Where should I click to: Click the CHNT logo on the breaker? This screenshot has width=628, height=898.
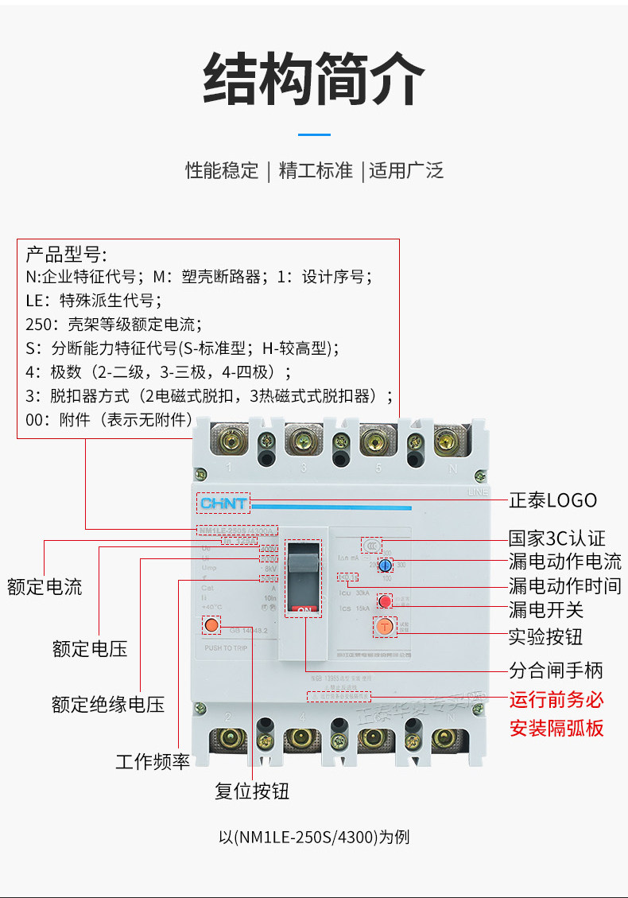tap(223, 503)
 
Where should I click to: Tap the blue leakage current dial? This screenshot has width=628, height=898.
tap(385, 566)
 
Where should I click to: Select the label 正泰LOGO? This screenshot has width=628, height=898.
tap(552, 500)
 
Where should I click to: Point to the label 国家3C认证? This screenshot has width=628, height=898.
tap(556, 538)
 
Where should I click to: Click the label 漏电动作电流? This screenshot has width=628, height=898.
tap(564, 562)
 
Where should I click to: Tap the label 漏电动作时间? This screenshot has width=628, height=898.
tap(564, 586)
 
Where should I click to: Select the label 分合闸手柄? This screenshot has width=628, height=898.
tap(556, 669)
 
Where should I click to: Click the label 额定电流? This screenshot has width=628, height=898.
tap(45, 588)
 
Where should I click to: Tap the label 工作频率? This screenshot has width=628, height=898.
tap(153, 761)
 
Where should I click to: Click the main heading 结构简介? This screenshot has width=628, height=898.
tap(313, 80)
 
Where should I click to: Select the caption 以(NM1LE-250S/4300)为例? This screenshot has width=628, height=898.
tap(314, 837)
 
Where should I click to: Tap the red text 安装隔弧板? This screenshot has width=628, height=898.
tap(556, 728)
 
